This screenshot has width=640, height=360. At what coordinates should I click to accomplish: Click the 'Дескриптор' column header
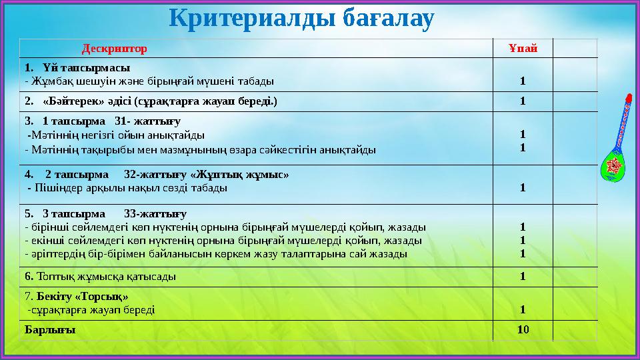pyautogui.click(x=114, y=49)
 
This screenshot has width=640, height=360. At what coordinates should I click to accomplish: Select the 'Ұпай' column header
pyautogui.click(x=523, y=49)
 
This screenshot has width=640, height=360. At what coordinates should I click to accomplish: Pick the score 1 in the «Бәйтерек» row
pyautogui.click(x=523, y=101)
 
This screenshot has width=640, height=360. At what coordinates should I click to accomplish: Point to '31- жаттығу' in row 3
pyautogui.click(x=148, y=122)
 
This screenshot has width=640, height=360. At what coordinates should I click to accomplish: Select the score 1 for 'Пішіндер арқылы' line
pyautogui.click(x=523, y=188)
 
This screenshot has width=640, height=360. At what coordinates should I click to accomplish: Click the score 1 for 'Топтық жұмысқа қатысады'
pyautogui.click(x=523, y=276)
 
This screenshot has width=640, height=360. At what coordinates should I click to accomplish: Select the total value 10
pyautogui.click(x=523, y=329)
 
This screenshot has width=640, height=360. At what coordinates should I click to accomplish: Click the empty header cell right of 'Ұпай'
pyautogui.click(x=575, y=49)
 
